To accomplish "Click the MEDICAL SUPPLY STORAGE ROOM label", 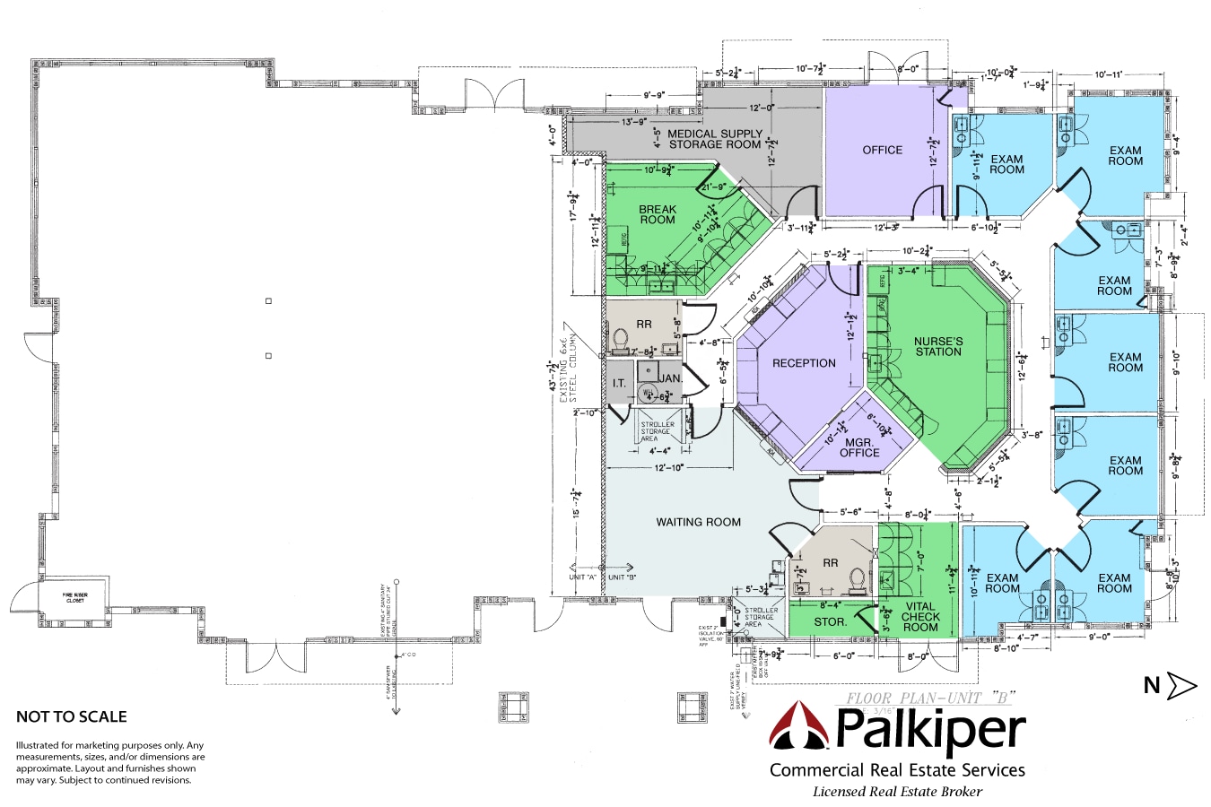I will point(715,139).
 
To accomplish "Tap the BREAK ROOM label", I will point(658,214).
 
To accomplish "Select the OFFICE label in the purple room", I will point(882,150).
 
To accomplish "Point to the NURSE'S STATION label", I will point(938,346).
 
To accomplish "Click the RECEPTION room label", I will point(804,363).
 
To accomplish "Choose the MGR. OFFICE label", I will point(859,447).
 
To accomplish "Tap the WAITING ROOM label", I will point(698,522).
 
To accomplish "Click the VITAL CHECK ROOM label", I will point(920,616).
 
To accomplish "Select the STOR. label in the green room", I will point(830,621).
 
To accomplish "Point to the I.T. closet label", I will point(619,383).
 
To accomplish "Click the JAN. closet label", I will point(671,378).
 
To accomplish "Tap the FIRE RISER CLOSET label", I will point(75,597).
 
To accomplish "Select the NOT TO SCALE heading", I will point(72,716).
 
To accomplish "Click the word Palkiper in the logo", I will point(930,730).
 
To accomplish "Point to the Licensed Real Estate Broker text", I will point(897,792).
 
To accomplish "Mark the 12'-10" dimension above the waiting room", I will point(669,467).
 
